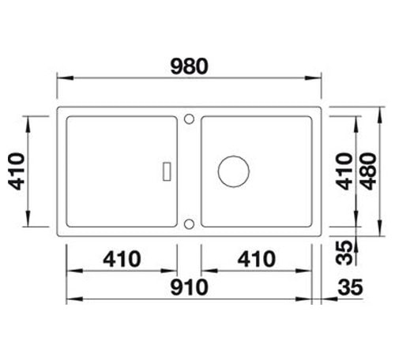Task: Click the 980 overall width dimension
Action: pos(190,66)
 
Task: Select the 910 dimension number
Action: pos(190,287)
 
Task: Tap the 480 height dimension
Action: pos(369,171)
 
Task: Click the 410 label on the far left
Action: pos(17,171)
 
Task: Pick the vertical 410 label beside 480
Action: pos(344,171)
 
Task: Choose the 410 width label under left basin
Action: pos(122,259)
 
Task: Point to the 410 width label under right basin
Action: pos(257,259)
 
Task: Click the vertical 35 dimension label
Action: pos(344,253)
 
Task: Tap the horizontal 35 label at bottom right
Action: pos(350,287)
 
